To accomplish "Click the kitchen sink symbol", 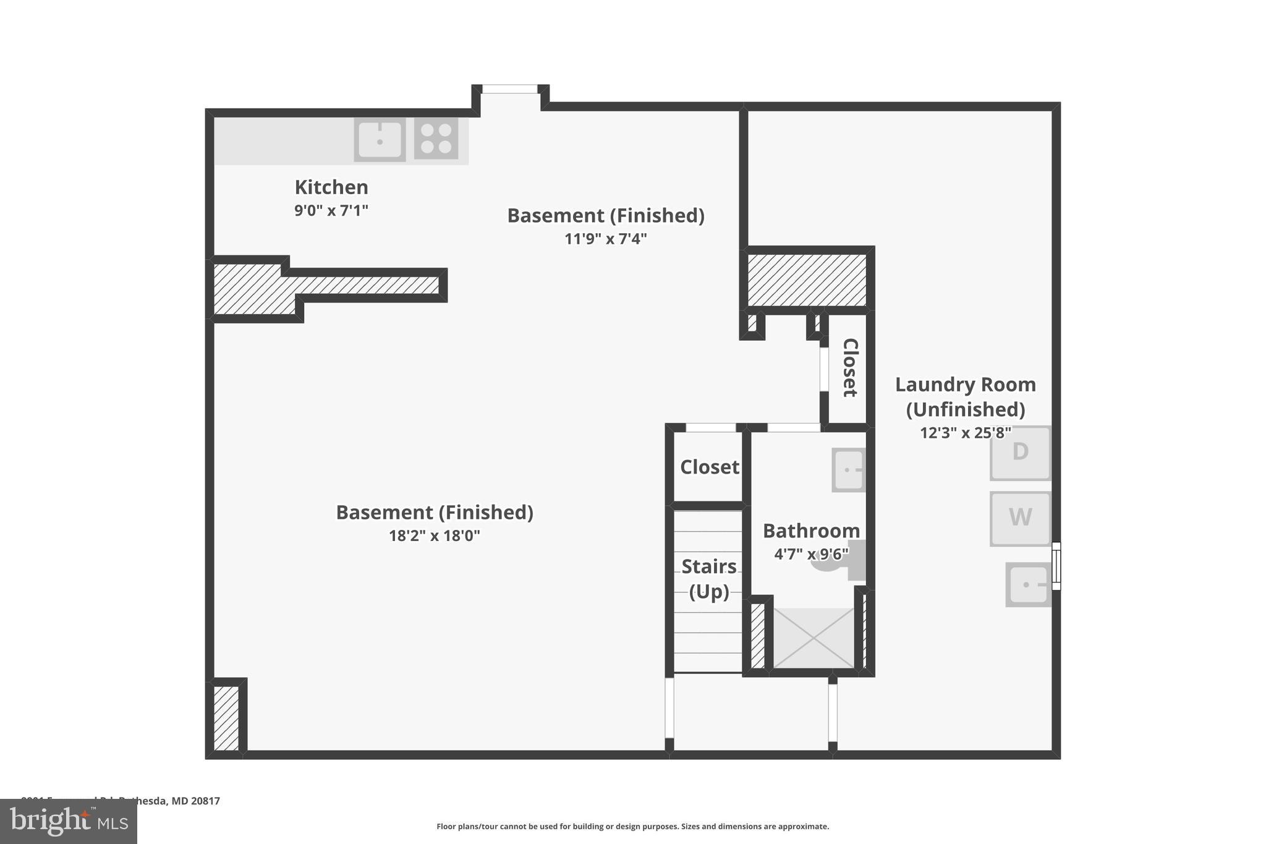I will coord(380,140).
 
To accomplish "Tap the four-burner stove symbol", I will coord(436,139).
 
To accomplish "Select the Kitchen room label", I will coord(331,187).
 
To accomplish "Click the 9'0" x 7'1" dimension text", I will coord(331,211).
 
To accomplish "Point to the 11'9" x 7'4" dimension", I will coord(605,239).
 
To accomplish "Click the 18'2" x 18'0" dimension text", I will coord(434,535).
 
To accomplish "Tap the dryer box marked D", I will coord(1020,453).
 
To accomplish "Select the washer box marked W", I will coord(1020,518).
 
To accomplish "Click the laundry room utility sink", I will coord(1027,584).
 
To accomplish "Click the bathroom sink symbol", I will coord(848,470).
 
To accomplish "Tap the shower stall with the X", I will coord(814,638).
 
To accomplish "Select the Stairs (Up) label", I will coord(708,579).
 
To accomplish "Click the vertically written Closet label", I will coord(850,367).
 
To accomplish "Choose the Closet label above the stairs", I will coord(709,467).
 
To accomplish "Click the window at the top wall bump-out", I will coord(510,90).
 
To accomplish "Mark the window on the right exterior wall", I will coord(1056,566).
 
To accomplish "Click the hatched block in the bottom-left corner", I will coord(226,718).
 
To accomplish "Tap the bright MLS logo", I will coord(69,821).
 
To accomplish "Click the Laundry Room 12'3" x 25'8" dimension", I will coord(965,433).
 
